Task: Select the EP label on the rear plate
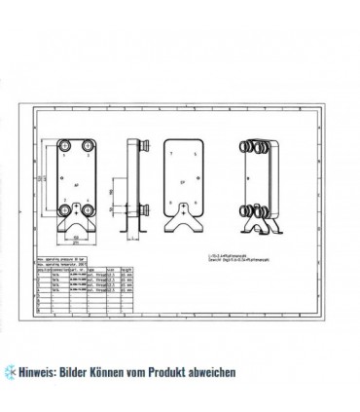pos(182,181)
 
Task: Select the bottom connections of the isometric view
pos(259,206)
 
